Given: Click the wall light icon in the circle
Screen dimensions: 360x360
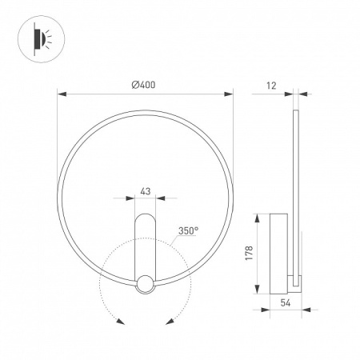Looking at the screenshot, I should click(40, 40).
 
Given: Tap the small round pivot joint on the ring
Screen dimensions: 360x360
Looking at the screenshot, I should click(145, 283).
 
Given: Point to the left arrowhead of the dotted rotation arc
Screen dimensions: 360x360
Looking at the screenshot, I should click(119, 322).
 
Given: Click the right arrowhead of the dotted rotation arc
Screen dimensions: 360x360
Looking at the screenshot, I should click(170, 322).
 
